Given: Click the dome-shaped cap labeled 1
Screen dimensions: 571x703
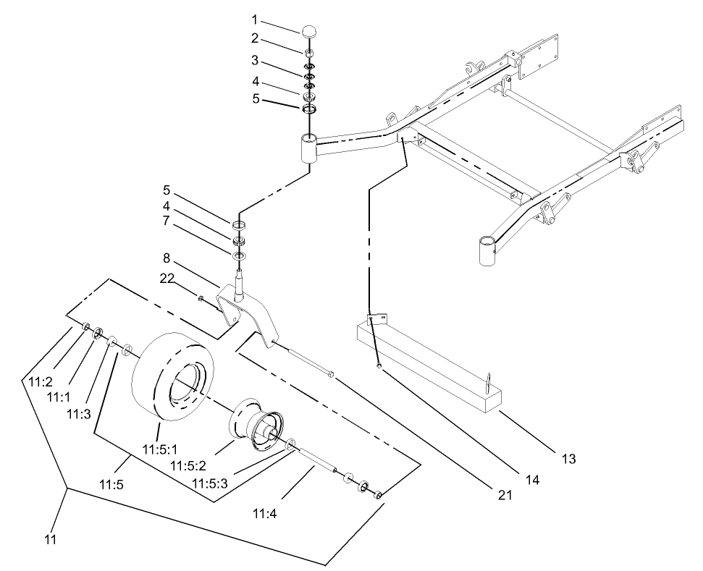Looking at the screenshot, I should click(310, 32).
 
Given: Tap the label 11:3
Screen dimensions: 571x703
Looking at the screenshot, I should click(77, 414).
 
